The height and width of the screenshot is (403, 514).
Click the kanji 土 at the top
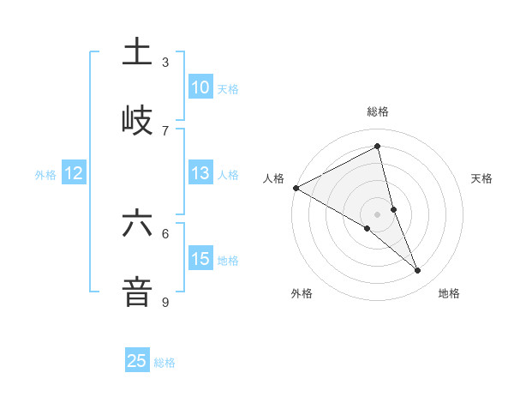137,52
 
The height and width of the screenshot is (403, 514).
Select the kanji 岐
137,119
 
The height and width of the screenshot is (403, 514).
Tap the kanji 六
137,223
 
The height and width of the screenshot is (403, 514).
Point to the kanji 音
137,291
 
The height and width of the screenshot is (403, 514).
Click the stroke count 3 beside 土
165,63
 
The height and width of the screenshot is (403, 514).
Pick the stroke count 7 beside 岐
165,130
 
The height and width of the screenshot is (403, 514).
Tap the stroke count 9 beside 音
165,302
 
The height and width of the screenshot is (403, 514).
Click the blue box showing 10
200,87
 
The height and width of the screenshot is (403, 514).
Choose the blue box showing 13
200,173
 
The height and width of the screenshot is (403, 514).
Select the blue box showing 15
200,259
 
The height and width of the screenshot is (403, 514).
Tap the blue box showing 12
74,173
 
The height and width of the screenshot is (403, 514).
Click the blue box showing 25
137,361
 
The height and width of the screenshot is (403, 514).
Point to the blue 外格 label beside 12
45,174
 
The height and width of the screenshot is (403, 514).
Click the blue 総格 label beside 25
164,362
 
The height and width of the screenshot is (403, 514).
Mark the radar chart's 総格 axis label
378,111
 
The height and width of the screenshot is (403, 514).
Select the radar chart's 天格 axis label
481,178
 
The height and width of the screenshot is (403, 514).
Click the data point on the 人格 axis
296,188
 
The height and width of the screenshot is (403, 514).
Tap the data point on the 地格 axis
418,271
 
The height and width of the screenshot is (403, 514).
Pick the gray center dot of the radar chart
378,214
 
